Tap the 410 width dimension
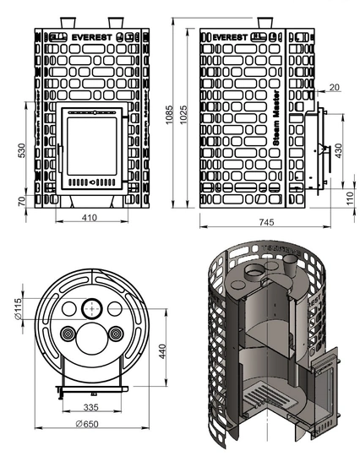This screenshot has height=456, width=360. point(90,218)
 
